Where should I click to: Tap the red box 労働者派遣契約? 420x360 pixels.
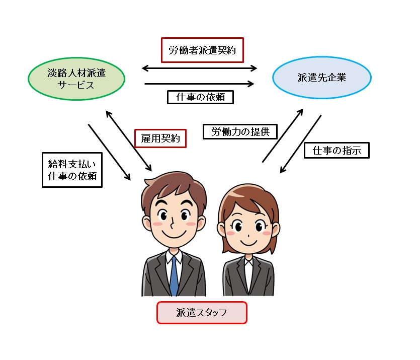click(x=202, y=50)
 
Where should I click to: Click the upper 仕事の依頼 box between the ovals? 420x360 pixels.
click(x=200, y=97)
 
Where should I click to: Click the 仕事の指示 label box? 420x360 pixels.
click(x=337, y=150)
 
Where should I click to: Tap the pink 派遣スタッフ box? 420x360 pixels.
click(x=202, y=312)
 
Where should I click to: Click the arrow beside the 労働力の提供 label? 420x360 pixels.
click(x=283, y=135)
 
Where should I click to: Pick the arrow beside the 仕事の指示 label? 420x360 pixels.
click(x=300, y=144)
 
